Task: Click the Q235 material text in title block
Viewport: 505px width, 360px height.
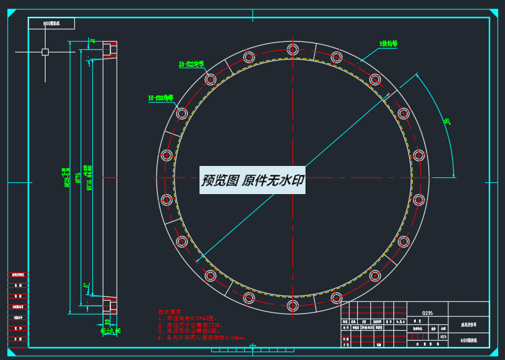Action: click(427, 313)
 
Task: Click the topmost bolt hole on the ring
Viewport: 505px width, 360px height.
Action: click(293, 50)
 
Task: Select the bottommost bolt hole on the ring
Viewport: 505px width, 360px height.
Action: click(293, 306)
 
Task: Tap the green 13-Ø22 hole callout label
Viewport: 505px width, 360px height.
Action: click(191, 64)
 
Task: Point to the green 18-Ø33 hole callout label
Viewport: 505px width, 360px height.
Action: click(160, 98)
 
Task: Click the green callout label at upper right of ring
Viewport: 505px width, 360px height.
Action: click(388, 44)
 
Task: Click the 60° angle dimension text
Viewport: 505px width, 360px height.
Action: click(447, 121)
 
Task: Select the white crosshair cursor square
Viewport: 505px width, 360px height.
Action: click(45, 52)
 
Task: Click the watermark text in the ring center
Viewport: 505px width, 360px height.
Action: click(252, 180)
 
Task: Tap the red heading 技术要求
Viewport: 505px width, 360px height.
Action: click(169, 311)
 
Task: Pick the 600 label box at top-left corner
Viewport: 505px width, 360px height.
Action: click(51, 24)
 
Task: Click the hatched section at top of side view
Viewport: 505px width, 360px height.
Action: click(110, 49)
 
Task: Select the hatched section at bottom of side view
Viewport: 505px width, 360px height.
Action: click(110, 305)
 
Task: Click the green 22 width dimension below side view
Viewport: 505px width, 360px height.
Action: click(107, 322)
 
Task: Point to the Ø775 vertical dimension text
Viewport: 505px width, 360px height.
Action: click(79, 178)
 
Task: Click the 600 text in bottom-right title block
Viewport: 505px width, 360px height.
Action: click(469, 341)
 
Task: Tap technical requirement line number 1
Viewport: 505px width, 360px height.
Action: click(190, 318)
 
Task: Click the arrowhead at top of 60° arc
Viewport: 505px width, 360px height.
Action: click(416, 75)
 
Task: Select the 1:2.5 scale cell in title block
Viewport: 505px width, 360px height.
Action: click(443, 337)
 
